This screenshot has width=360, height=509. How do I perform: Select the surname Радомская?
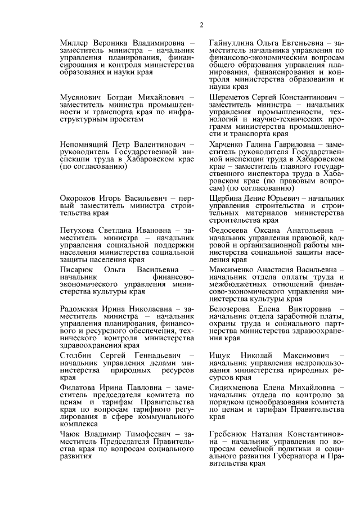[x=82, y=310]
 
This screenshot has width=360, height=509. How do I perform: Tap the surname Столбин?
[x=76, y=357]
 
